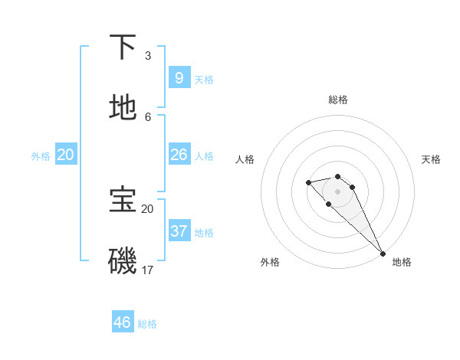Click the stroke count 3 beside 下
[148, 55]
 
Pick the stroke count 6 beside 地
[148, 116]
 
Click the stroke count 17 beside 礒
[148, 270]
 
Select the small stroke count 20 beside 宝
[147, 208]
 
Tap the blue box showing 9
[179, 78]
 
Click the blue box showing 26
[179, 155]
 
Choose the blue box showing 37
[179, 231]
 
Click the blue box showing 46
[123, 322]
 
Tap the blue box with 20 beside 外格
[66, 155]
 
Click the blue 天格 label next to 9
[204, 80]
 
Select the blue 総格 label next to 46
[147, 324]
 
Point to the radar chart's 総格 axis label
[338, 100]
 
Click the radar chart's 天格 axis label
[431, 159]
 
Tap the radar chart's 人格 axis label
[245, 159]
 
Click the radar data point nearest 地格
[382, 254]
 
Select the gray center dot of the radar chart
[337, 191]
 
